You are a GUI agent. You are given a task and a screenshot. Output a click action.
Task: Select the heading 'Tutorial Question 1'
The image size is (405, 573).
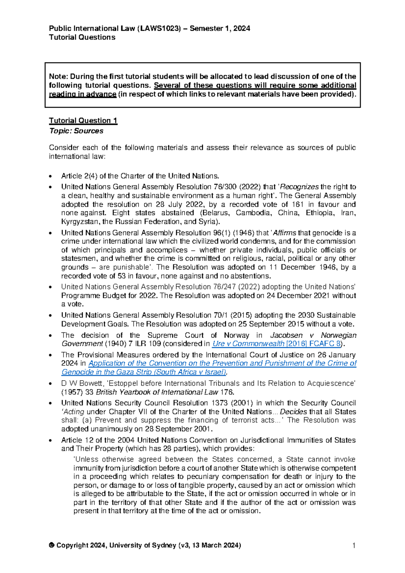click(83, 120)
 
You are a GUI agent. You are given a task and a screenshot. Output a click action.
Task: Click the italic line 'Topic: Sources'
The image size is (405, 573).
click(76, 131)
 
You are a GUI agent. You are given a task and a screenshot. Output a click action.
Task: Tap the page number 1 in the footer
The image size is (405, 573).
click(354, 545)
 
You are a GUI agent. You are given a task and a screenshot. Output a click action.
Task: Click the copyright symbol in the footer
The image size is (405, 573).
click(52, 545)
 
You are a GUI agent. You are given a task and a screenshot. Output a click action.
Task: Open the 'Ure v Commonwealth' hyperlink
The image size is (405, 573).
click(248, 344)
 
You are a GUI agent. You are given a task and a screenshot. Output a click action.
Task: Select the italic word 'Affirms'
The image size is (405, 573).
click(285, 233)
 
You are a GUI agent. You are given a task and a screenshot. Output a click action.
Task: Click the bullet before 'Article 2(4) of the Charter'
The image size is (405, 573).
click(51, 176)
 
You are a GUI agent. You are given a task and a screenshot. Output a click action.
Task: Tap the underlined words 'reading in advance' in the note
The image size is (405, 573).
click(83, 94)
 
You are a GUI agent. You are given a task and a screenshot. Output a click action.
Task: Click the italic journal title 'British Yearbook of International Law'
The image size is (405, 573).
click(157, 392)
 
